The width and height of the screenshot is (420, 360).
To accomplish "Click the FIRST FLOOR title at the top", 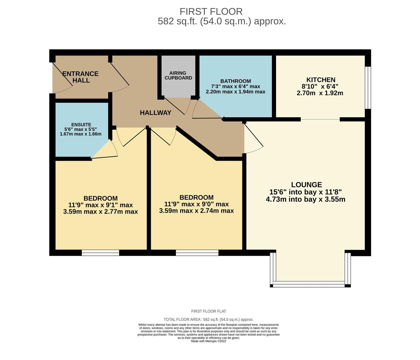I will pyautogui.click(x=211, y=11).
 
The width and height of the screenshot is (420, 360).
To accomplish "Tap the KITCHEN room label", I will pyautogui.click(x=320, y=80).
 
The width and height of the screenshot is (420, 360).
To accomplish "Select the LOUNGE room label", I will pyautogui.click(x=306, y=185).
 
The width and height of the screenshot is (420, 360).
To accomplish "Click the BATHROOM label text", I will pyautogui.click(x=235, y=81).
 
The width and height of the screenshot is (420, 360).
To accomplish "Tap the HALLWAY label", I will pyautogui.click(x=156, y=113).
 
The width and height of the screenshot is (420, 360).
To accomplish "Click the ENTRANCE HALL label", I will pyautogui.click(x=81, y=77).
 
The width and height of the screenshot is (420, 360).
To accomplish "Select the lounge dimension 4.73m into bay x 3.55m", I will pyautogui.click(x=305, y=200).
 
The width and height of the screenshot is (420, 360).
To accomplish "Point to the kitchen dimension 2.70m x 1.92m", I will pyautogui.click(x=320, y=93).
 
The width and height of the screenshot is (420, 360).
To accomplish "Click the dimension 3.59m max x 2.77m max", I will pyautogui.click(x=100, y=212).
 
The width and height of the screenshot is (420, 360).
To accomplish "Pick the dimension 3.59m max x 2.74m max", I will pyautogui.click(x=196, y=211).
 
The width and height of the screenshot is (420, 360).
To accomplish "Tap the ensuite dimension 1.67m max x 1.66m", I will pyautogui.click(x=81, y=134).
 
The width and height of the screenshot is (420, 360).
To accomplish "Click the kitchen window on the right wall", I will pyautogui.click(x=368, y=88).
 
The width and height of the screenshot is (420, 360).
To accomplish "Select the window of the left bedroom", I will pyautogui.click(x=100, y=253).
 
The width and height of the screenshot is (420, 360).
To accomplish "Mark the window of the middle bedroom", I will pyautogui.click(x=197, y=253).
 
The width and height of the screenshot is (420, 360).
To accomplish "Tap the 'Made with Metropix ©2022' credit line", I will pyautogui.click(x=209, y=341).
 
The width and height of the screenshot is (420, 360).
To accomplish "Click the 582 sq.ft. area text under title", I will pyautogui.click(x=221, y=21).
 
